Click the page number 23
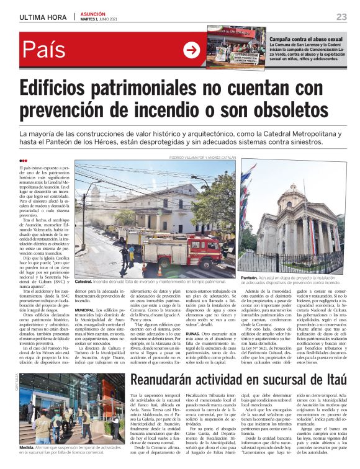point(342,16)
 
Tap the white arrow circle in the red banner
point(191,50)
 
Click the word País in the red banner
point(44,50)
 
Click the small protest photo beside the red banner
point(235,46)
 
